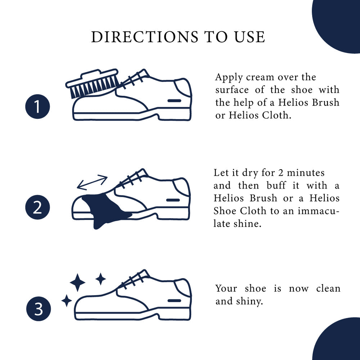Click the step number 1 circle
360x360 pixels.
37,107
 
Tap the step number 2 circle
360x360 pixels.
37,208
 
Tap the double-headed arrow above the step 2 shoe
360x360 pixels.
93,183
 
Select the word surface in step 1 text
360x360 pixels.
232,90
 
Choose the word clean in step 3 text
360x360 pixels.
328,288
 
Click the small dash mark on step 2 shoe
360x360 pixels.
173,200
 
